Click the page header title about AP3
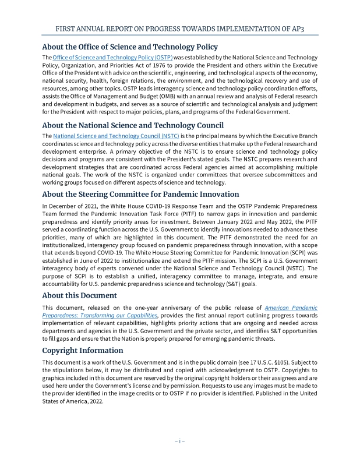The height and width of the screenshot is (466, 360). [x=180, y=28]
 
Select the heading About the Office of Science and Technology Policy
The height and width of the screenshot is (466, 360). [x=130, y=47]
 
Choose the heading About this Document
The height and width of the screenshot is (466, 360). [x=80, y=295]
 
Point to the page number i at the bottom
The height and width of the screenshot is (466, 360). [x=180, y=440]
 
